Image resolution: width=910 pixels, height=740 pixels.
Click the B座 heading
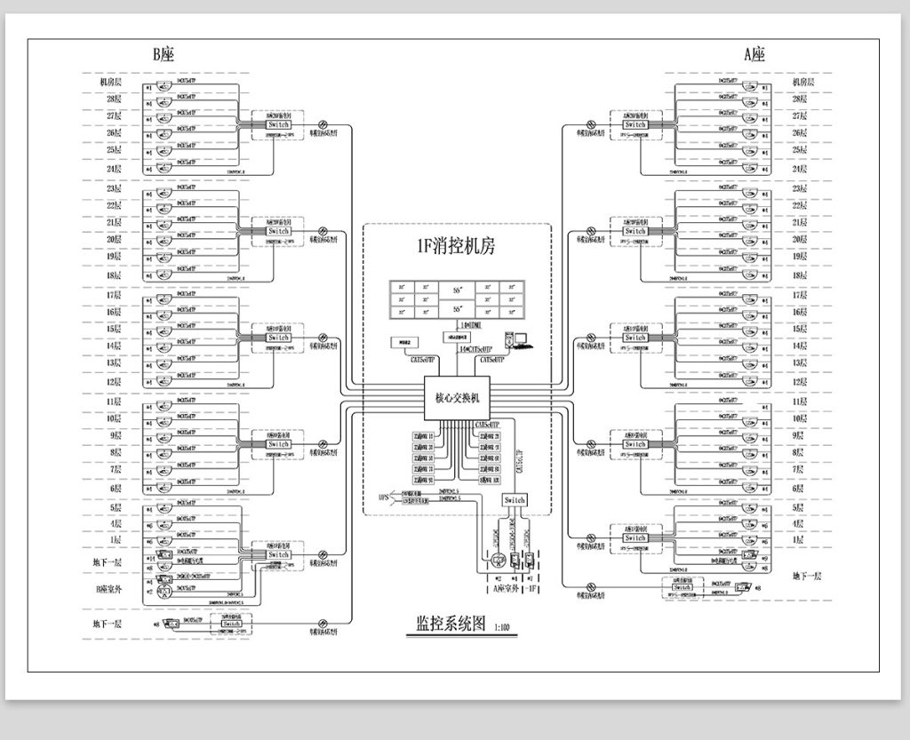tap(164, 54)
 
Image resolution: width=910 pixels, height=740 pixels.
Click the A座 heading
tap(754, 54)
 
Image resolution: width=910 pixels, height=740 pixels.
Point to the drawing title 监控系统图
tap(445, 624)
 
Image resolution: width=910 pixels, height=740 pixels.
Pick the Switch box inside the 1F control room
tap(515, 500)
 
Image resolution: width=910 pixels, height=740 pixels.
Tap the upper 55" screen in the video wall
tap(457, 290)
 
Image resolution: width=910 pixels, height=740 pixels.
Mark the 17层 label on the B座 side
tap(114, 295)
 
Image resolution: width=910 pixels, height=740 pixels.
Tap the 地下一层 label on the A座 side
tap(806, 577)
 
